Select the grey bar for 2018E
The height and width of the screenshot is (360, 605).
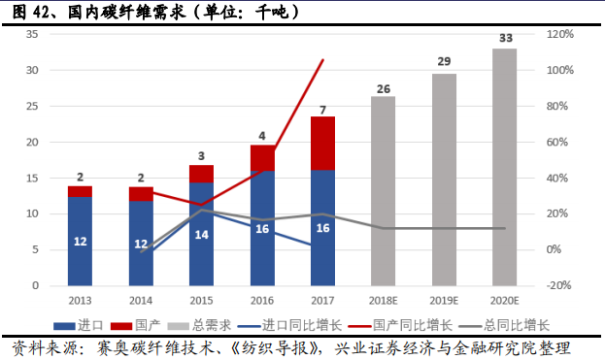tap(384, 190)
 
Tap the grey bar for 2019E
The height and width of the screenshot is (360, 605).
tap(444, 180)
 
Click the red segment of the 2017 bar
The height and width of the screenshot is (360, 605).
tap(322, 143)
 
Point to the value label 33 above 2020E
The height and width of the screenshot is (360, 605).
tap(505, 39)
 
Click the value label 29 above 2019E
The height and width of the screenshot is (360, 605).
tap(444, 63)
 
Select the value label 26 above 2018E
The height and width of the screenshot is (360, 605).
tap(384, 88)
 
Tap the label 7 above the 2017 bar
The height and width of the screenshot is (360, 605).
tap(322, 109)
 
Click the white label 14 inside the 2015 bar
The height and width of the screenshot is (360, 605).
tap(202, 235)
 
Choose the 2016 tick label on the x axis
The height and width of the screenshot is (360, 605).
tap(262, 301)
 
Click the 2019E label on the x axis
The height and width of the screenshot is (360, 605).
tap(444, 301)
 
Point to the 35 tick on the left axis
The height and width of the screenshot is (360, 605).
tap(32, 34)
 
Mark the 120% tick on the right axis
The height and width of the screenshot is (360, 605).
tap(560, 34)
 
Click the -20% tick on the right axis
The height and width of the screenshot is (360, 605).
tap(560, 285)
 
